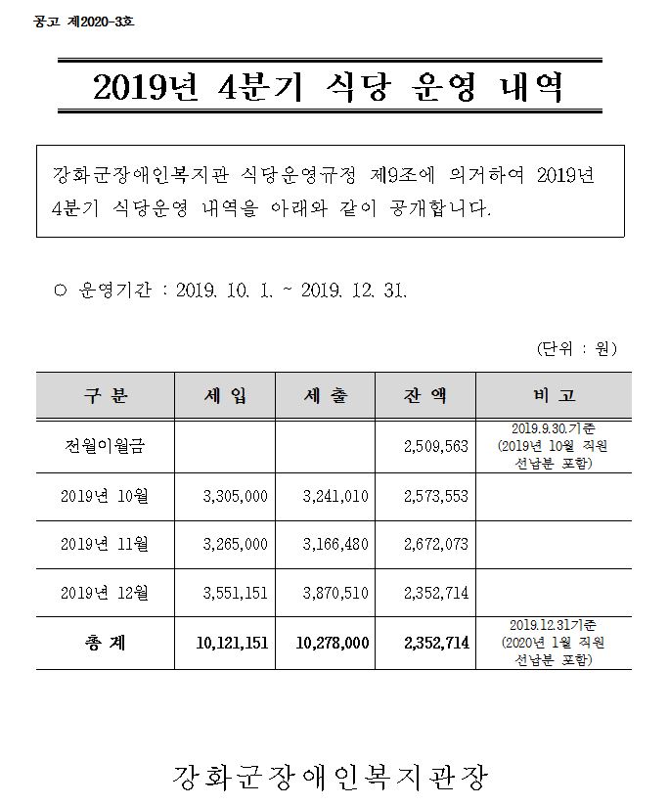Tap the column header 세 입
[x=225, y=395]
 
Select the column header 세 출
[x=327, y=395]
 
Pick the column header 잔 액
[x=425, y=395]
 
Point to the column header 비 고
[x=555, y=395]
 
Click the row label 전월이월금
[x=104, y=446]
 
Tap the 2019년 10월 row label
[x=104, y=497]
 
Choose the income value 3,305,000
[x=235, y=497]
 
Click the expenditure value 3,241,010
[x=335, y=497]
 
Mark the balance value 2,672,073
[x=435, y=544]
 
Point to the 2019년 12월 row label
[x=104, y=592]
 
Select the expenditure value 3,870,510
[x=335, y=592]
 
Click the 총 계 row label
[x=104, y=644]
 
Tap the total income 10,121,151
[x=233, y=644]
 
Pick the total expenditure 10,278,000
[x=333, y=644]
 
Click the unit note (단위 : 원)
[x=577, y=348]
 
